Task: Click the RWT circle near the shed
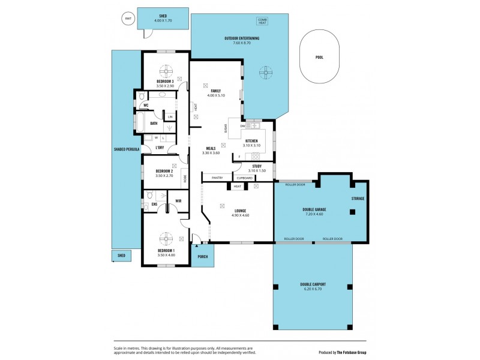coord(127,19)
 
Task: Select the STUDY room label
coord(256,166)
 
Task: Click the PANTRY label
coord(217,178)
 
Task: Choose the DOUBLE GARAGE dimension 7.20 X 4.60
coord(314,214)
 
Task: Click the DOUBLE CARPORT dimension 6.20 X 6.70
coord(313,289)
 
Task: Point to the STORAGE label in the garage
coord(358,198)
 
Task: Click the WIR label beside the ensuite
coord(178,201)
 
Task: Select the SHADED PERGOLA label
coord(127,148)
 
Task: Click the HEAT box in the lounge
coord(238,187)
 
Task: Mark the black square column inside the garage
coord(353,211)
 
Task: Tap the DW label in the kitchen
coord(242,126)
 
